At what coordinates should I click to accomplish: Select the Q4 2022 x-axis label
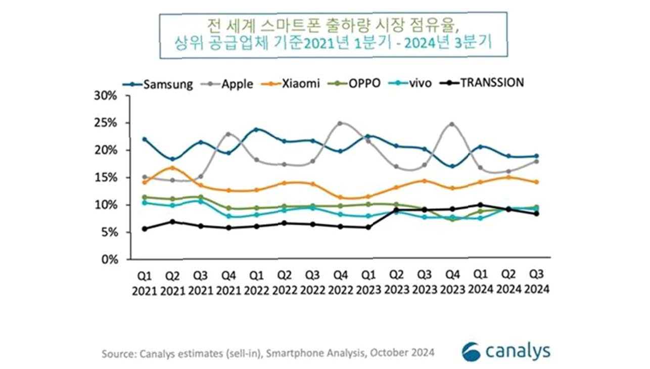click(341, 283)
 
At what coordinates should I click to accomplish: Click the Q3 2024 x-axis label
click(537, 283)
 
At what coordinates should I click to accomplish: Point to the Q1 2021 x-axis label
click(145, 283)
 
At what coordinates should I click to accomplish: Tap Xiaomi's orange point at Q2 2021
click(173, 168)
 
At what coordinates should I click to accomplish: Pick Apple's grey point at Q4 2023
click(452, 124)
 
